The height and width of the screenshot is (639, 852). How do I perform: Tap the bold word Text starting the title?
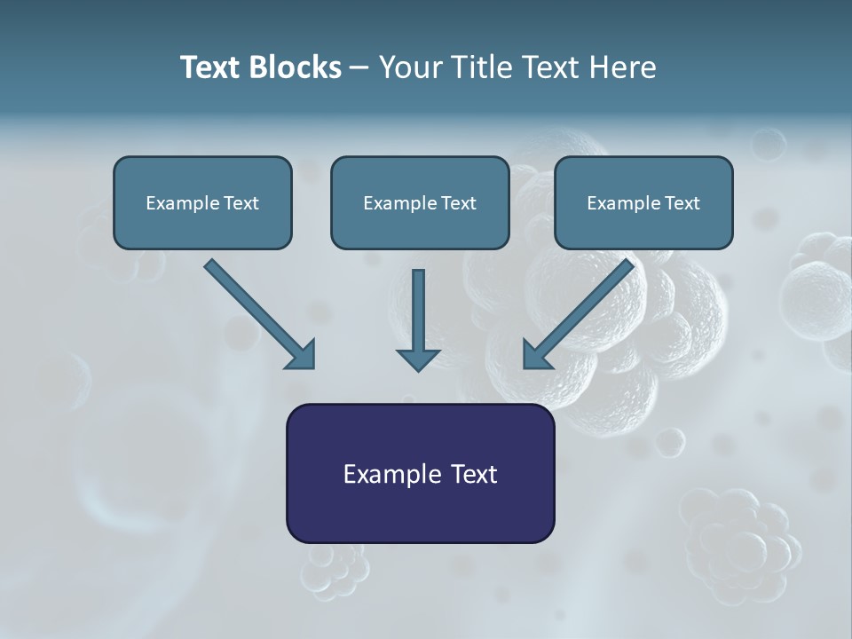(x=213, y=67)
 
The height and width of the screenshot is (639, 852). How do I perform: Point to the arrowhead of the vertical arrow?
(x=418, y=359)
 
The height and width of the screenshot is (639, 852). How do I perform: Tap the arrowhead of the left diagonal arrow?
(x=302, y=355)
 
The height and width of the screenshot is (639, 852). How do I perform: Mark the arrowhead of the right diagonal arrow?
(x=536, y=355)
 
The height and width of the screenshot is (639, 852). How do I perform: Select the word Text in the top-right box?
(x=682, y=203)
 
